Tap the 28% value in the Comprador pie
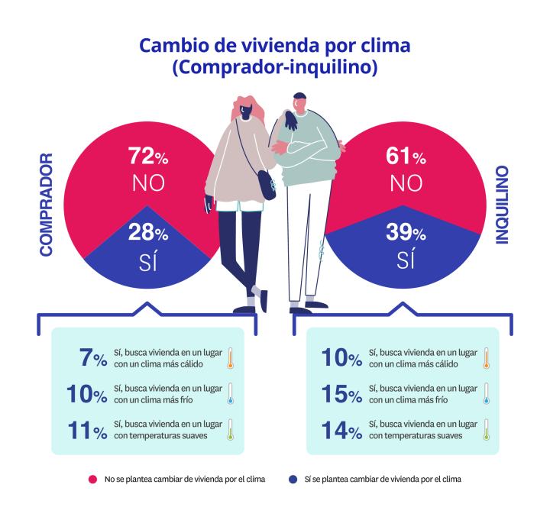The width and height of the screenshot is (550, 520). click(x=147, y=234)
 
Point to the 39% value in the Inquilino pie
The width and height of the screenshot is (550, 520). click(x=405, y=234)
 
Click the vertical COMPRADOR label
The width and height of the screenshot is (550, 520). click(x=47, y=205)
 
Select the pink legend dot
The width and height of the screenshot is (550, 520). click(x=92, y=479)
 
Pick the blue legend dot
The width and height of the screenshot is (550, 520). click(x=293, y=479)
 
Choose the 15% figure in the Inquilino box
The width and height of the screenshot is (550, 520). click(x=341, y=394)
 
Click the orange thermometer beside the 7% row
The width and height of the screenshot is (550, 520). click(x=229, y=358)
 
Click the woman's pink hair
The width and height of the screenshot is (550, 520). click(x=249, y=107)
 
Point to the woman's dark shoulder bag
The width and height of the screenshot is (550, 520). click(x=265, y=184)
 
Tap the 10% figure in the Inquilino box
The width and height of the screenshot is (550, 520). click(x=341, y=357)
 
